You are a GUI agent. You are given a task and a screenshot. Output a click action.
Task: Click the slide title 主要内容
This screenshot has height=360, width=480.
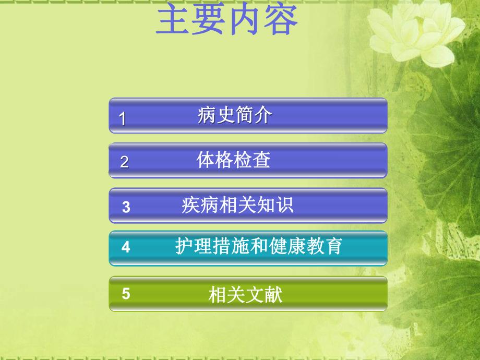click(227, 20)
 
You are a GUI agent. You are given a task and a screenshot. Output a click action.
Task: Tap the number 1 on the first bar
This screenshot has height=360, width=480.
click(123, 119)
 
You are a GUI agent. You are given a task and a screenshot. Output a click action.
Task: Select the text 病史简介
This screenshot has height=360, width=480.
click(235, 115)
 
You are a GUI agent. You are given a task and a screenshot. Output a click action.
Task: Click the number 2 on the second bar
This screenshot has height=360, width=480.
click(124, 162)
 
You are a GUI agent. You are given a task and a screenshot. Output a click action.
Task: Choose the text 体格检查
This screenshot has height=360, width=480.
click(234, 160)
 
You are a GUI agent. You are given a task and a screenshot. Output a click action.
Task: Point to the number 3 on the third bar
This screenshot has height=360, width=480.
click(126, 207)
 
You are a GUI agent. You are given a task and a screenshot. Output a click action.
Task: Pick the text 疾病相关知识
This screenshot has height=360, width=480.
click(237, 205)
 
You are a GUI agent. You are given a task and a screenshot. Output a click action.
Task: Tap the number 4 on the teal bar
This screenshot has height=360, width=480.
click(126, 247)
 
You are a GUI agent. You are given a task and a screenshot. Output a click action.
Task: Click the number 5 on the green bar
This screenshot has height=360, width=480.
click(126, 294)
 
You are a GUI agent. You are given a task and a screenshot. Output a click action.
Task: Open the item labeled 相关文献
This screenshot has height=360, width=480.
click(245, 296)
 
